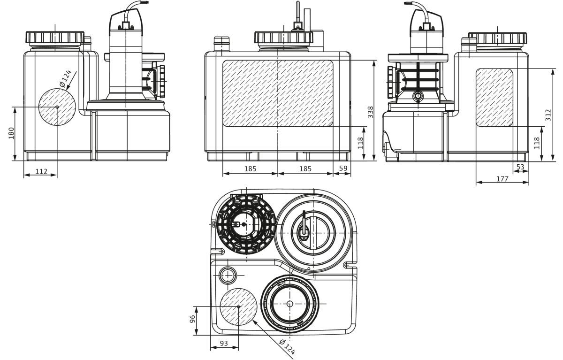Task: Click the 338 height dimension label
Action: click(x=371, y=112)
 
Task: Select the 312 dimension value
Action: click(x=548, y=115)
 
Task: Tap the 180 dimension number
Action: click(x=11, y=133)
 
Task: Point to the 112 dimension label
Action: click(x=41, y=171)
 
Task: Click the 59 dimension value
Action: click(x=343, y=168)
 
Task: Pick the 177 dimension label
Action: click(x=502, y=179)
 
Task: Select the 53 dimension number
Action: click(x=520, y=167)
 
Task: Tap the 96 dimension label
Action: click(x=192, y=319)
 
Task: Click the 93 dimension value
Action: click(x=224, y=344)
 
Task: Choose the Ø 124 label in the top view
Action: click(x=287, y=347)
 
